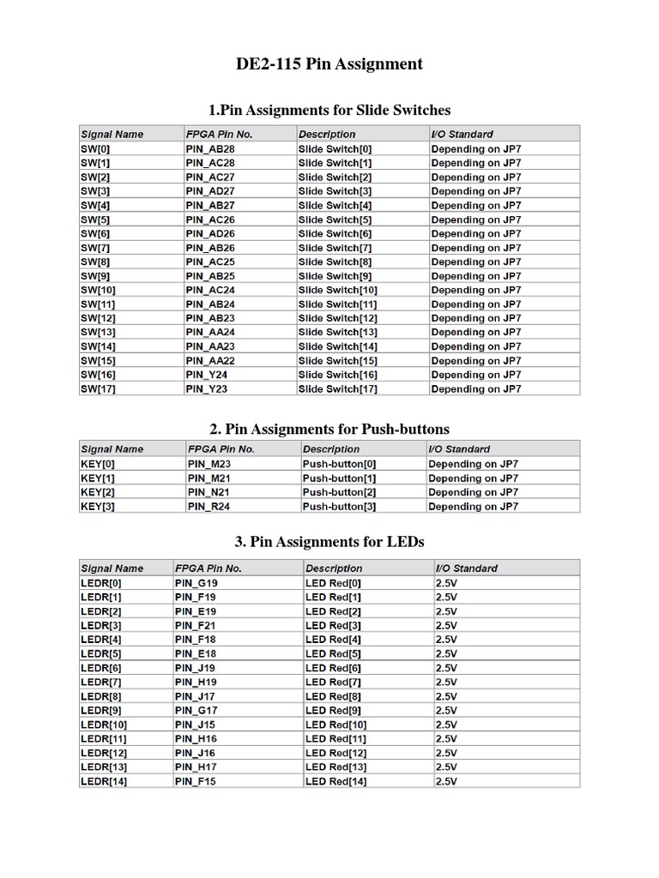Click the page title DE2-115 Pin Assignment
pos(329,64)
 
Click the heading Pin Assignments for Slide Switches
pos(329,110)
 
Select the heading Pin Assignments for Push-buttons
pos(329,429)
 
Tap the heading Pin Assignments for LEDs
pos(329,542)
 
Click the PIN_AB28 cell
pos(210,148)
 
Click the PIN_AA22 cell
pos(210,361)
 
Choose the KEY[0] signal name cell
pos(98,464)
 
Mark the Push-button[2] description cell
pos(339,492)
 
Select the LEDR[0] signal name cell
pos(101,583)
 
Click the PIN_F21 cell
pos(196,626)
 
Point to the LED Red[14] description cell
pos(336,782)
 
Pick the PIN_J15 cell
pos(196,725)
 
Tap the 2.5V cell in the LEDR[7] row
pos(447,683)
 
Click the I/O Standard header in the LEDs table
pos(467,568)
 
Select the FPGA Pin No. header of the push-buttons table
pos(221,449)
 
